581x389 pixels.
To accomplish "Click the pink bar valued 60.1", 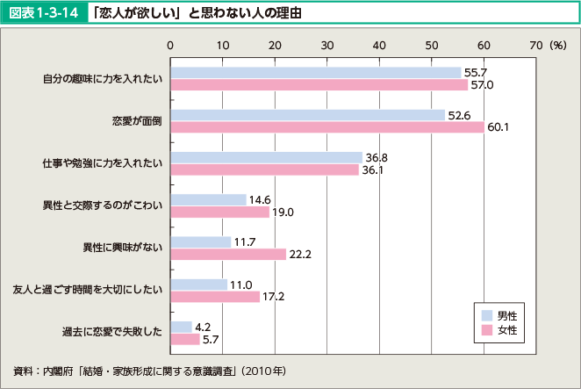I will point(327,127).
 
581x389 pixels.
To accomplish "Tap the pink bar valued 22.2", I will point(228,255).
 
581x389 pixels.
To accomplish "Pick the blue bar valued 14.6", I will point(208,199).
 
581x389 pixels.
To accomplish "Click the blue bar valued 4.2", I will point(181,327).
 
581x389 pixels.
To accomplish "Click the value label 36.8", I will point(377,157).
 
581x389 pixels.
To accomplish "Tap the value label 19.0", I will point(283,213).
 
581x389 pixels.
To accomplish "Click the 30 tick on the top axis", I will point(327,44).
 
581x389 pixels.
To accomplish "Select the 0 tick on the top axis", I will point(170,44).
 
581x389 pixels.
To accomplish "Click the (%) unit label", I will point(558,44).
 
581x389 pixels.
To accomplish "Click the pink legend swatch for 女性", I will point(487,331).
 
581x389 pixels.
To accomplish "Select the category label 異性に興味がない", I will point(119,249).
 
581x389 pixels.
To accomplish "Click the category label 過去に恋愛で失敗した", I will point(112,333).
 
